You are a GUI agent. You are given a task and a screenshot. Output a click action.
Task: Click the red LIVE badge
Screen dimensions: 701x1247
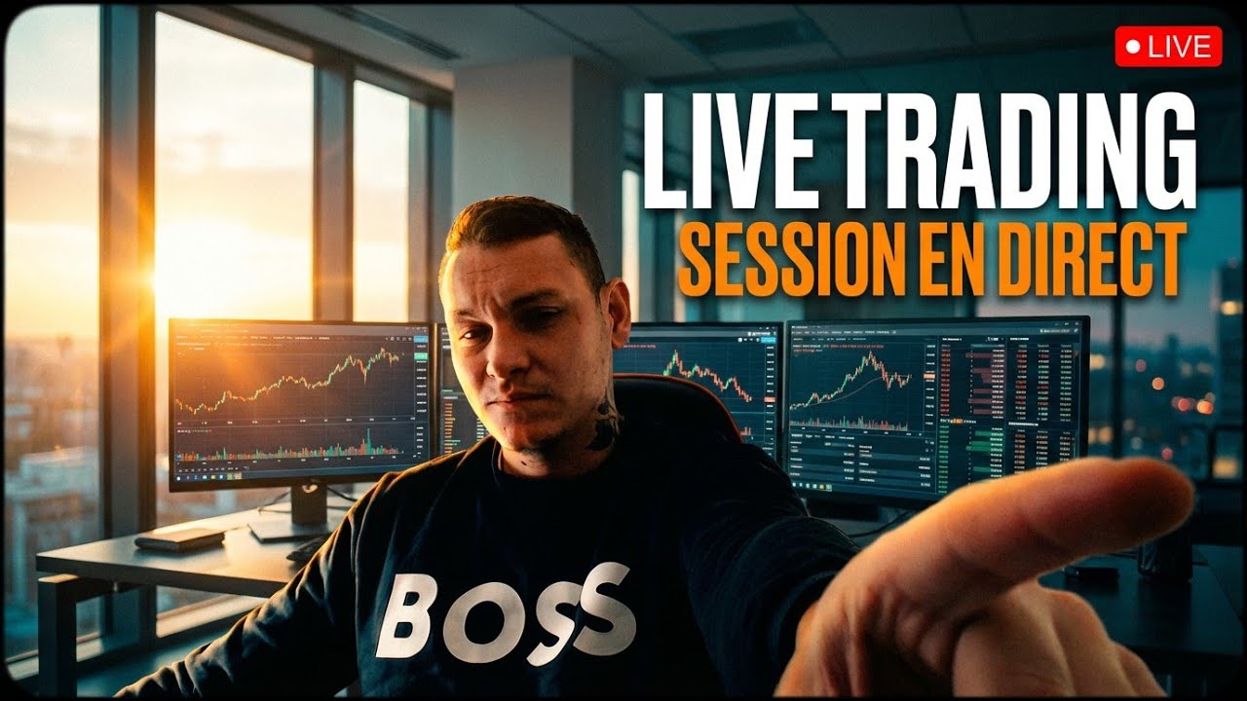[1168, 46]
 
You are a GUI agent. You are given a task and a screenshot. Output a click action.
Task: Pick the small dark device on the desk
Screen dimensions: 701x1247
[179, 538]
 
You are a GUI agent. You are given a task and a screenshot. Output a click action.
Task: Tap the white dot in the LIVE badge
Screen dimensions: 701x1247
[1133, 46]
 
